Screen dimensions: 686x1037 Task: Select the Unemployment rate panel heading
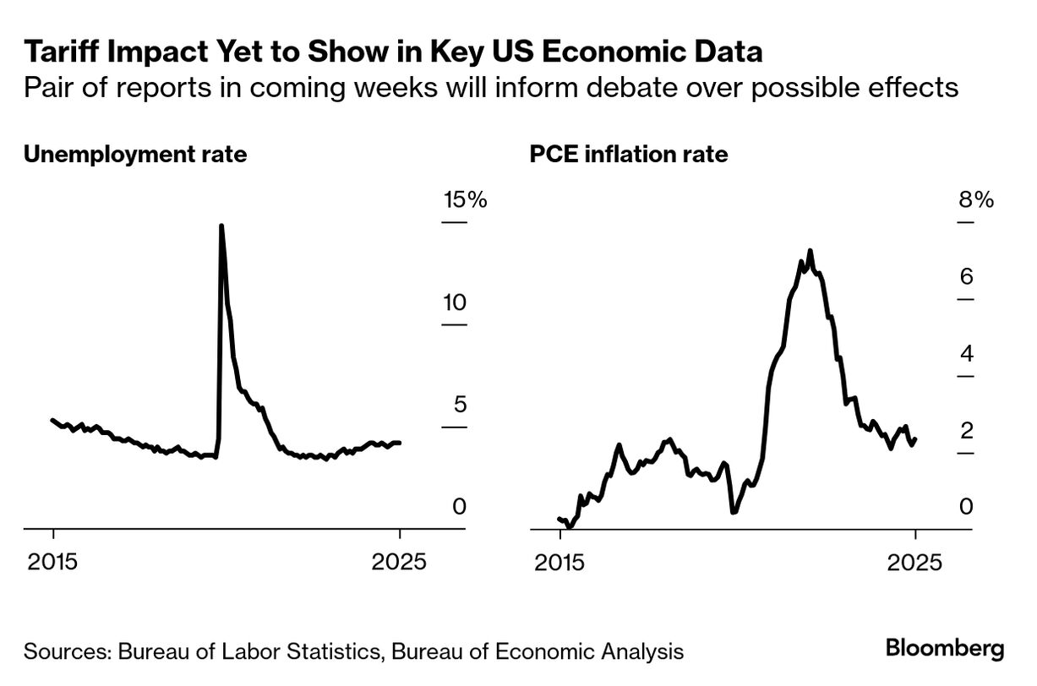pos(135,155)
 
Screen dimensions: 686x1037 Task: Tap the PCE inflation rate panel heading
pos(628,155)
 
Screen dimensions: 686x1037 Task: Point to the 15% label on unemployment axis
pos(466,201)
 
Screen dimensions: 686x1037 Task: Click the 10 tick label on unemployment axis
pos(455,303)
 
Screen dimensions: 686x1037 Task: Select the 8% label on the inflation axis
pos(975,201)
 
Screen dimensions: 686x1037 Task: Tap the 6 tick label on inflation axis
pos(967,277)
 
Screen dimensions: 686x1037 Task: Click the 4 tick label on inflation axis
pos(967,354)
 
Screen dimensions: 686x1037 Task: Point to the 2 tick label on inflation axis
pos(967,431)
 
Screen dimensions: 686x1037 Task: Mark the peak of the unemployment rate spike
pos(221,226)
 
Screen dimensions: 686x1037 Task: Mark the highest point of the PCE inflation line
pos(810,251)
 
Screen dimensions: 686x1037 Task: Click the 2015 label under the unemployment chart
pos(53,561)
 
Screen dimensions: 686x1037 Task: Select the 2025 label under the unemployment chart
pos(400,561)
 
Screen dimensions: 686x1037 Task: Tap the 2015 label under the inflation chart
pos(559,561)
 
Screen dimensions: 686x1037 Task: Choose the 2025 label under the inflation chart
pos(915,561)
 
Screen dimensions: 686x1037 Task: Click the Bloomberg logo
pos(945,649)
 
